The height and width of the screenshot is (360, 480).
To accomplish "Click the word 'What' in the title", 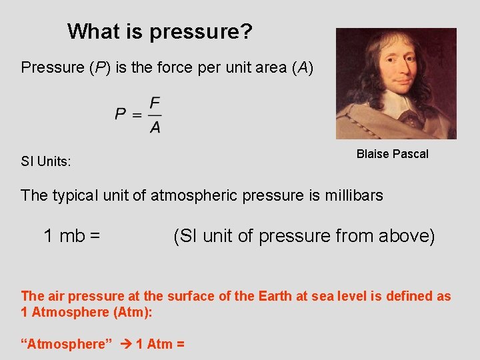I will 91,31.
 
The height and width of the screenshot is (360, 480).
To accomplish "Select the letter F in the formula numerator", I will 155,103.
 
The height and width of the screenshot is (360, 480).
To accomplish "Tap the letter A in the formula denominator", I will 155,127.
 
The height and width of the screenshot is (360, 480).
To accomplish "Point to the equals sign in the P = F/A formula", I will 137,115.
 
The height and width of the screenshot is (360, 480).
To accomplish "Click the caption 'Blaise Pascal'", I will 392,154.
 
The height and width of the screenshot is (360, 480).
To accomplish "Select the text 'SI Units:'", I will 46,161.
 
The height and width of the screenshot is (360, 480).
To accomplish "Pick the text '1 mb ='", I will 72,235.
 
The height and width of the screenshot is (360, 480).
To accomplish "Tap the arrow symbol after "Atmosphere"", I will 125,344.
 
